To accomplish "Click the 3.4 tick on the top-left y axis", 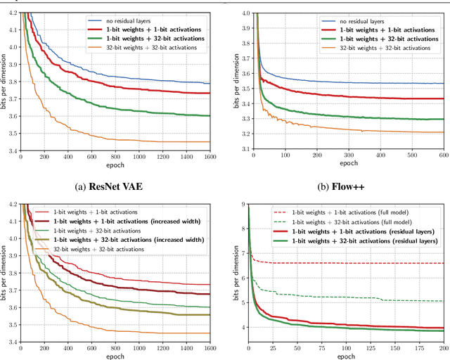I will (x=14, y=150).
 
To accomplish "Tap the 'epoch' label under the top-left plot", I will (x=118, y=167).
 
